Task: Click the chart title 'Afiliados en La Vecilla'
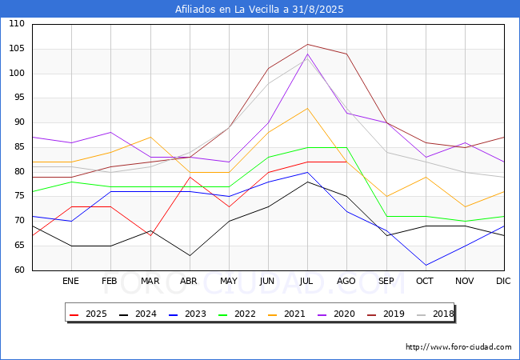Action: tap(259, 10)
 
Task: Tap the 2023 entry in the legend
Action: tap(188, 314)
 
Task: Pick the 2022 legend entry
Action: tap(237, 314)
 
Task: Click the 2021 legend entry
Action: tap(286, 314)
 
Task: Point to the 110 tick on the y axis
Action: tap(17, 25)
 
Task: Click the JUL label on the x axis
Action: tap(307, 282)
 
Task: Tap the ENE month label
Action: tap(71, 282)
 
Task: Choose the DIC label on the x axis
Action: tap(503, 282)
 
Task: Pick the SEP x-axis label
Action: tap(386, 282)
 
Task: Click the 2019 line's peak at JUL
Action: tap(307, 44)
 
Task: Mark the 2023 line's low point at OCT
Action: tap(426, 265)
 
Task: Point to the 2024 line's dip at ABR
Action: tap(190, 255)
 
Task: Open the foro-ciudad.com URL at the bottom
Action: tap(458, 347)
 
